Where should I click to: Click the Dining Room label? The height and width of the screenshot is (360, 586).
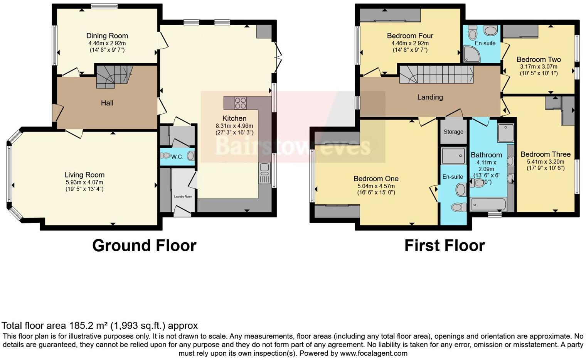[x=107, y=36]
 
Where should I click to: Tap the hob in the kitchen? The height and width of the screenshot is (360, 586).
[x=241, y=103]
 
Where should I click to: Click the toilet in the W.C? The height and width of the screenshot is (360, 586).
[x=166, y=156]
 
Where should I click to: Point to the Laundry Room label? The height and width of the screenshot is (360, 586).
[x=183, y=196]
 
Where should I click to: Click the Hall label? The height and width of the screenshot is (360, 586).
[x=107, y=103]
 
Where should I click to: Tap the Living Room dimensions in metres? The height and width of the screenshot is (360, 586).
[x=84, y=182]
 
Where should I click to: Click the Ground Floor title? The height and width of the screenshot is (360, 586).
[x=144, y=245]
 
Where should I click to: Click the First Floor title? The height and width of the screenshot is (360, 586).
[x=444, y=245]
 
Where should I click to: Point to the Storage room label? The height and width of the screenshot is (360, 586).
[x=453, y=132]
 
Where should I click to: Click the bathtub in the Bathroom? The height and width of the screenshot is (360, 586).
[x=488, y=204]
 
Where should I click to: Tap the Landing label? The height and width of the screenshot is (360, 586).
[x=430, y=97]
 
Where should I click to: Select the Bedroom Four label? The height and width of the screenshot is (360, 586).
[x=410, y=36]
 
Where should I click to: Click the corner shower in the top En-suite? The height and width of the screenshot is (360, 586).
[x=471, y=54]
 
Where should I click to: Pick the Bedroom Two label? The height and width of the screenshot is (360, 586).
[x=538, y=59]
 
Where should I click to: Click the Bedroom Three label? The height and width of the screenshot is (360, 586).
[x=545, y=154]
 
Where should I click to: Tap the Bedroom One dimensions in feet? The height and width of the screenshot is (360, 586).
[x=376, y=193]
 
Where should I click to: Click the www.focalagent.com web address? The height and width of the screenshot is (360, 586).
[x=373, y=353]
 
